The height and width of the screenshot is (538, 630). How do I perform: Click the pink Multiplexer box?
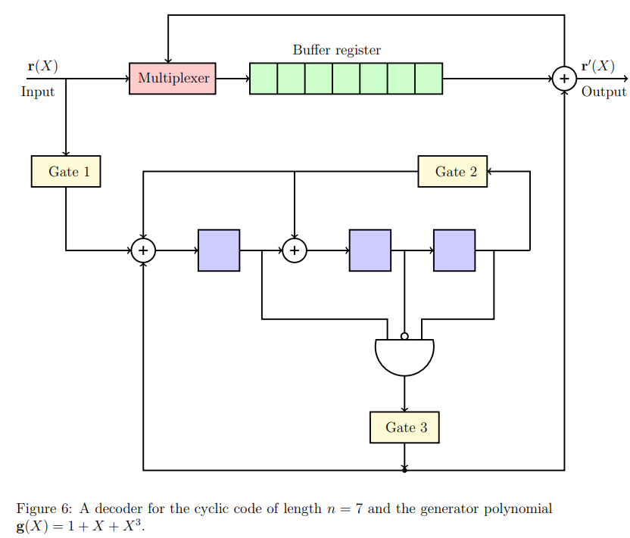click(173, 79)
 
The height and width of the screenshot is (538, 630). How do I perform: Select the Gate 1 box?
click(66, 171)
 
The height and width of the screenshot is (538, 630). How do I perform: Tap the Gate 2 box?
click(453, 171)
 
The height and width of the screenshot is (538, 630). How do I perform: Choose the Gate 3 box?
click(404, 428)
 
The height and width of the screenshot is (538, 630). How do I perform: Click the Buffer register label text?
click(336, 51)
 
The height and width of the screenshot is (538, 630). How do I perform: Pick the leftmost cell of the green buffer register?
click(264, 79)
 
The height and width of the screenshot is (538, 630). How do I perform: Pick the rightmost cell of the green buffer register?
click(429, 79)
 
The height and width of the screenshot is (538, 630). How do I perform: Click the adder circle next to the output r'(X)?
click(564, 79)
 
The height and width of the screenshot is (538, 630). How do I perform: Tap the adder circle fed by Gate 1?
click(143, 250)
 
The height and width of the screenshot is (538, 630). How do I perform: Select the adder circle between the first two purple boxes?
click(295, 250)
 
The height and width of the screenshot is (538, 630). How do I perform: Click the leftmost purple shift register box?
click(219, 250)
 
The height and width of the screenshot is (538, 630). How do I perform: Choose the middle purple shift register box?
click(370, 250)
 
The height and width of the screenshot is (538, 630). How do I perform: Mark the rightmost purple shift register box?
click(454, 250)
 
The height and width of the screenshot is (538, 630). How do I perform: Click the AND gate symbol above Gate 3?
click(404, 356)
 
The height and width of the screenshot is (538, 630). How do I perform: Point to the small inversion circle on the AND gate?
click(404, 336)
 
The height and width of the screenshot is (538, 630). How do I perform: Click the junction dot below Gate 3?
click(404, 470)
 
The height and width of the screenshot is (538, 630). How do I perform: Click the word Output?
click(603, 92)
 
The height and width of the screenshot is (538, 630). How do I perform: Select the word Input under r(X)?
click(38, 92)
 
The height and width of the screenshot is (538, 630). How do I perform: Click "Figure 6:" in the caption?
click(42, 508)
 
